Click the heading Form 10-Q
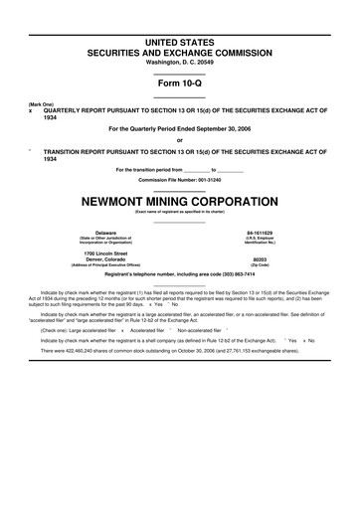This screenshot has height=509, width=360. point(180,84)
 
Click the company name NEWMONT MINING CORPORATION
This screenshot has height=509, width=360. point(180,197)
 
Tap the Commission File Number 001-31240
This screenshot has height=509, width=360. point(180,178)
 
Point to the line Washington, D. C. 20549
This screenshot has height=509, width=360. point(180,62)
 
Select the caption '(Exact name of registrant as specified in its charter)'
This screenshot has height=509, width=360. point(180,210)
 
